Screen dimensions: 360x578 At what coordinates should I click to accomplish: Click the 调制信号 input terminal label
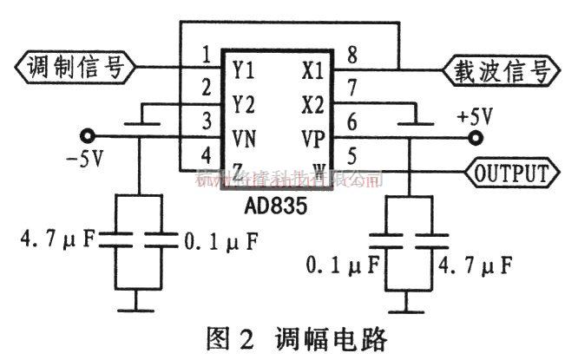click(74, 67)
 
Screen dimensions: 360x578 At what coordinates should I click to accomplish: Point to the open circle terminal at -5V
click(86, 136)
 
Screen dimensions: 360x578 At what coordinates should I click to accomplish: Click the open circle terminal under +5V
click(475, 136)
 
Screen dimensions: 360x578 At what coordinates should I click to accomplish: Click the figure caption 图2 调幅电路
click(286, 337)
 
